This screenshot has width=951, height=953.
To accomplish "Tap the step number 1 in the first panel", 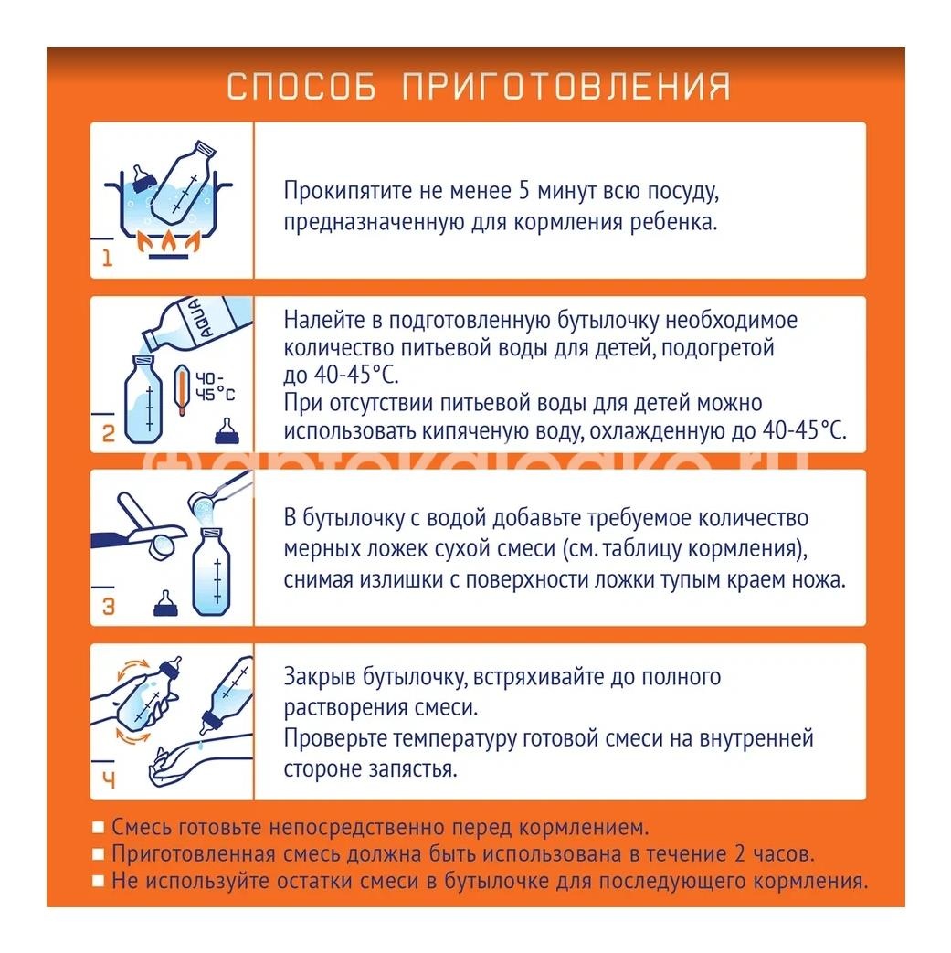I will tap(107, 259).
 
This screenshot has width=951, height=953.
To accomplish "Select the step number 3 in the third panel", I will tap(108, 607).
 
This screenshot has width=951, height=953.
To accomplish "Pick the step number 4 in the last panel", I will tap(108, 780).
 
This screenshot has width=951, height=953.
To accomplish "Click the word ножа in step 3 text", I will tap(816, 579).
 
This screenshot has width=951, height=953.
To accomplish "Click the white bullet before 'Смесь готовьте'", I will tap(99, 828).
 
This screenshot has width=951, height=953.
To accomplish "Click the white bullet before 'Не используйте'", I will tap(99, 882).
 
